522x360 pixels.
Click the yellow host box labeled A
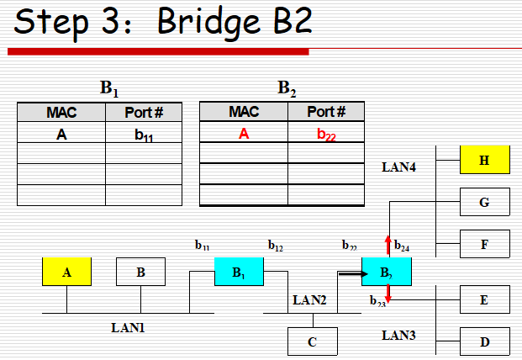[66, 272]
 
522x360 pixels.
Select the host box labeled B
[140, 272]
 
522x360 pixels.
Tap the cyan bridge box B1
[239, 272]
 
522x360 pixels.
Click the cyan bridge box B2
[387, 272]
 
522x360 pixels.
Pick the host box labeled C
[313, 341]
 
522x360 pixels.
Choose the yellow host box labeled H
[484, 160]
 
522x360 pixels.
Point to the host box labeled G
[484, 202]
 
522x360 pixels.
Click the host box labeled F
[484, 244]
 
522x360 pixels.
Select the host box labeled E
[484, 299]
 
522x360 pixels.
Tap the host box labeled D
[484, 341]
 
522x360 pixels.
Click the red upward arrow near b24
[388, 246]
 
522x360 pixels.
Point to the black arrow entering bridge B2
[351, 273]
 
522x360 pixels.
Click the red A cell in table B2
[244, 132]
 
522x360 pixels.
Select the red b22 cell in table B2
[326, 132]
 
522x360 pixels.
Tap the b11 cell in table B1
[144, 133]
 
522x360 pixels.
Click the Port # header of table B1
[144, 113]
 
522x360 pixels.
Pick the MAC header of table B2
[244, 112]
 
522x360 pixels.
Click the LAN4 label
[399, 167]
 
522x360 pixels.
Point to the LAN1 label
[128, 326]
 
